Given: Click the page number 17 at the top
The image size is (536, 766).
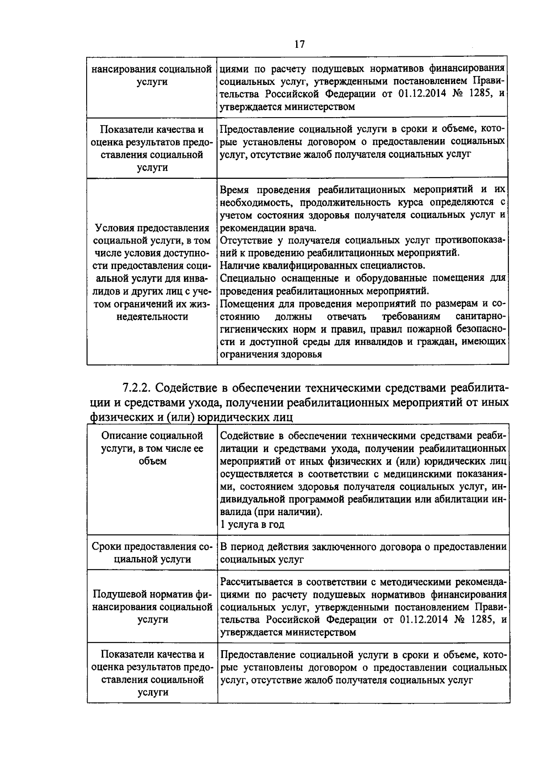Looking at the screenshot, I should tap(299, 44).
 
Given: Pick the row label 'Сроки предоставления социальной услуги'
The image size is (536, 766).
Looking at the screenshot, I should tap(152, 553).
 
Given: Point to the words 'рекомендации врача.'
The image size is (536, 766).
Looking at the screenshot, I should tap(268, 228).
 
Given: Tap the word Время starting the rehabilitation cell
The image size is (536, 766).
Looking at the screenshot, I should tap(235, 190).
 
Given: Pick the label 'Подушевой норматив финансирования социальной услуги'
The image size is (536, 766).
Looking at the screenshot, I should tap(152, 607).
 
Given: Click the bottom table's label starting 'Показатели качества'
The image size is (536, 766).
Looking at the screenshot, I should tap(152, 673).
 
